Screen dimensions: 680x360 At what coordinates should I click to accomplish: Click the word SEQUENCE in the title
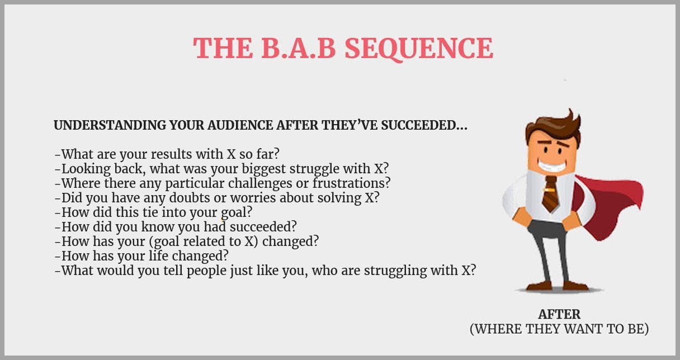[x=419, y=49]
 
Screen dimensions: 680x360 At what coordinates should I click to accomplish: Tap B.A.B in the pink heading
[x=299, y=48]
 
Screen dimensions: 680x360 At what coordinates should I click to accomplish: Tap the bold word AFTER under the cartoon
[x=559, y=315]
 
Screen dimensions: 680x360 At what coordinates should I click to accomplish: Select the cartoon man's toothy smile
[x=551, y=165]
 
